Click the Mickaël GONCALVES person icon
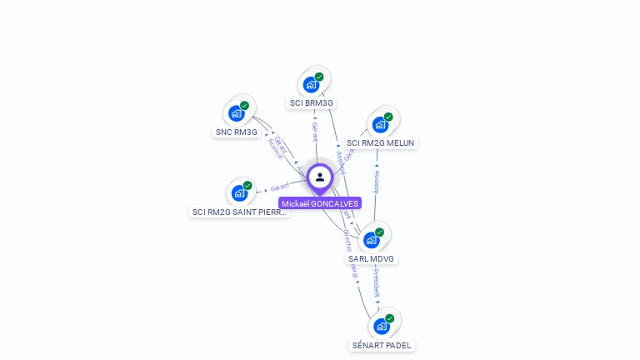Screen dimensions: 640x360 pyautogui.click(x=320, y=177)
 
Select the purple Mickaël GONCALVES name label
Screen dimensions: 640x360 pyautogui.click(x=320, y=203)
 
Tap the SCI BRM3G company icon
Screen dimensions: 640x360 pyautogui.click(x=312, y=84)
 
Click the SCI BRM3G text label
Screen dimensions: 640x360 pyautogui.click(x=311, y=103)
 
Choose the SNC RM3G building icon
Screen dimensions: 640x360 pyautogui.click(x=237, y=113)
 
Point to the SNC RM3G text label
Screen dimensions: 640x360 pyautogui.click(x=237, y=132)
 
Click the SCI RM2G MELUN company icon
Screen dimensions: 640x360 pyautogui.click(x=381, y=124)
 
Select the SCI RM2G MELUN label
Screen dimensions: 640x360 pyautogui.click(x=381, y=143)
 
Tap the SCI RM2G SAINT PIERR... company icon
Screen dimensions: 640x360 pyautogui.click(x=240, y=193)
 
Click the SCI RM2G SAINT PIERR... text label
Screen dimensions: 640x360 pyautogui.click(x=240, y=212)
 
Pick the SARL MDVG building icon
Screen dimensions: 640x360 pyautogui.click(x=372, y=240)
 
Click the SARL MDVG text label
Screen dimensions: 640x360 pyautogui.click(x=372, y=259)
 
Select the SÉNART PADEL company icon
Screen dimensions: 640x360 pyautogui.click(x=382, y=326)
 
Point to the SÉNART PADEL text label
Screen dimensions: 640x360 pyautogui.click(x=382, y=345)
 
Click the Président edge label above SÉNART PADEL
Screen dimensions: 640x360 pyautogui.click(x=377, y=283)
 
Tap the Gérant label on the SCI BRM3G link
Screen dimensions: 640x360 pyautogui.click(x=315, y=132)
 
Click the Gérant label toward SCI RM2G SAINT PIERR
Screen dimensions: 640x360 pyautogui.click(x=280, y=187)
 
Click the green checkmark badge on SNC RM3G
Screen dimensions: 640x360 pyautogui.click(x=245, y=106)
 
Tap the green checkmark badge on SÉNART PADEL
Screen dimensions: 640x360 pyautogui.click(x=389, y=318)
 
